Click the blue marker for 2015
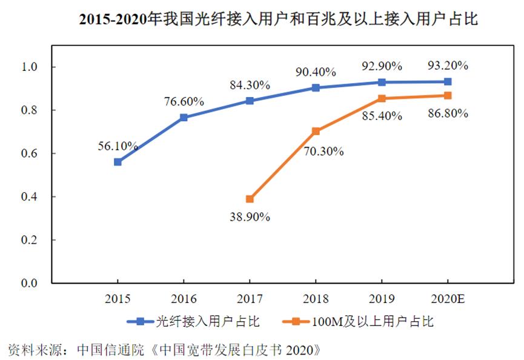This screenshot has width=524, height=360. click(118, 162)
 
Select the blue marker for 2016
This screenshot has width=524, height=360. click(184, 118)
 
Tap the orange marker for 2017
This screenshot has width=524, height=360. click(250, 199)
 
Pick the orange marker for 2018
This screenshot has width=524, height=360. click(316, 131)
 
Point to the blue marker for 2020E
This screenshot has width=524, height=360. click(448, 81)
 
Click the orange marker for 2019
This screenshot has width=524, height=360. click(382, 98)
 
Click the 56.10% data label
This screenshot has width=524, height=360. click(118, 145)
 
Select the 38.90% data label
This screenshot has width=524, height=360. click(250, 216)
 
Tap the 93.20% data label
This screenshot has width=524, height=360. click(448, 65)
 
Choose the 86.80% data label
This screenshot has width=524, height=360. click(448, 114)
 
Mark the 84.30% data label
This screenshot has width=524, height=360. click(250, 85)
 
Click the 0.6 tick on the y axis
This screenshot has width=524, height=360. click(30, 153)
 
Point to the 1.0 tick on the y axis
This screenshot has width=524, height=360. click(30, 67)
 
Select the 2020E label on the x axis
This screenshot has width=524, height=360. click(448, 298)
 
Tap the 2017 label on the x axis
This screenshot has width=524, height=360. click(250, 298)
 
